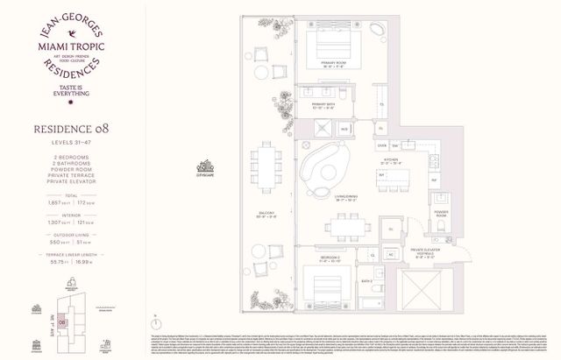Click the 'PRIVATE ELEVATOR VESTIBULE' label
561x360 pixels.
(x=428, y=256)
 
